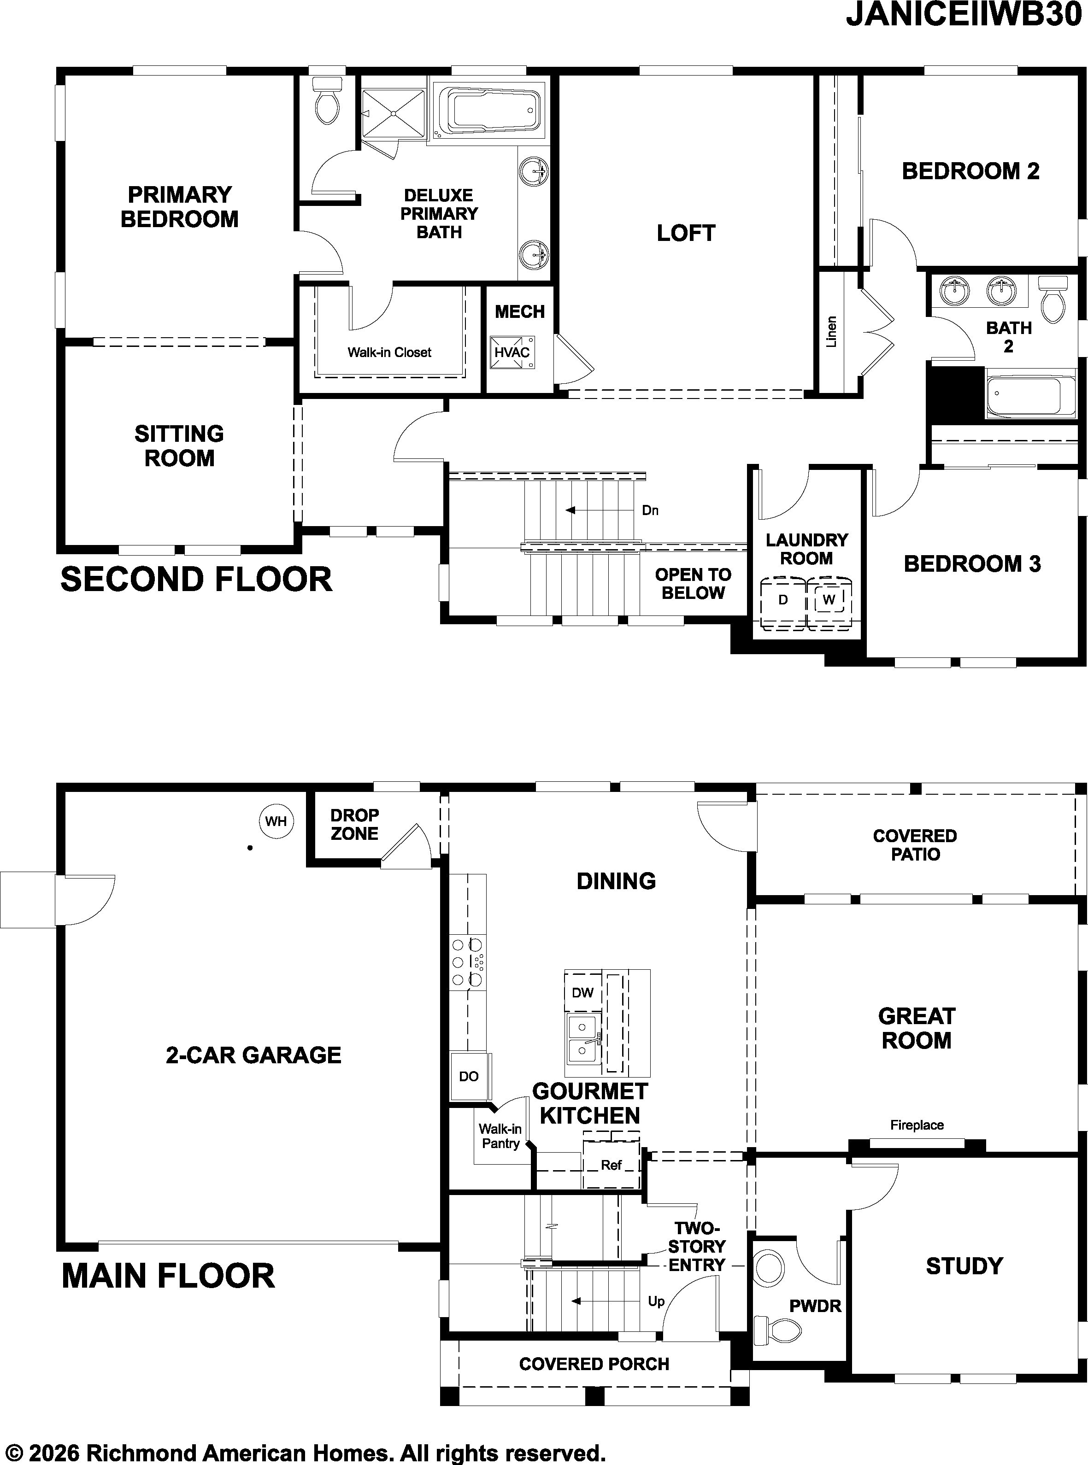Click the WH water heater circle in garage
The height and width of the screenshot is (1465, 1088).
coord(276,821)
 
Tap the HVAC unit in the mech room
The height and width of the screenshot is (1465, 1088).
coord(512,352)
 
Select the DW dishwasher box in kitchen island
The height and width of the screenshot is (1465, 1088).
coord(583,992)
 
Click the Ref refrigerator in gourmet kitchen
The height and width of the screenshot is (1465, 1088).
coord(611,1165)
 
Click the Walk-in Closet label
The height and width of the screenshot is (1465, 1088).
coord(389,353)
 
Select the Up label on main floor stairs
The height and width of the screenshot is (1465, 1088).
coord(656,1301)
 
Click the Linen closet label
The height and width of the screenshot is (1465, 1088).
coord(831,331)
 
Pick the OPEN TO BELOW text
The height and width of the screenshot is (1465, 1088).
coord(693,583)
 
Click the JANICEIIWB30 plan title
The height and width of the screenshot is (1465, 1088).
coord(965,14)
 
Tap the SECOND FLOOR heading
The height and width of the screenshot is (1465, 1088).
coord(196,580)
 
